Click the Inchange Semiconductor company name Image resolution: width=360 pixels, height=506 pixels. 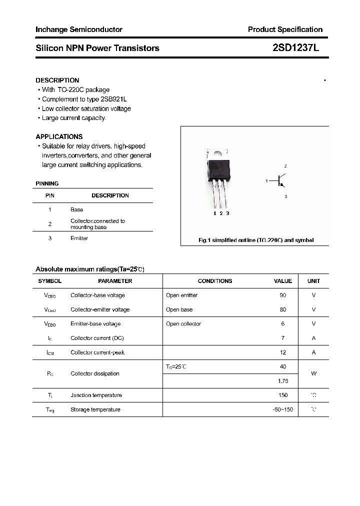coord(78,29)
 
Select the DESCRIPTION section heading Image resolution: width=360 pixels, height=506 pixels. coord(57,80)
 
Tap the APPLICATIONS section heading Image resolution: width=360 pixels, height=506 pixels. coord(59,136)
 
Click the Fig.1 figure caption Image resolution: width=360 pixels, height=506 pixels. coord(256,240)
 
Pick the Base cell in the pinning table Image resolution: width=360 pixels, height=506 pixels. coord(76,209)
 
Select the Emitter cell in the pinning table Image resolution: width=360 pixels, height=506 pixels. coord(79,238)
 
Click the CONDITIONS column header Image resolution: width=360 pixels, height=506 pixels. coord(215,281)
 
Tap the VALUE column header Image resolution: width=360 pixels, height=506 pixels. coord(283,281)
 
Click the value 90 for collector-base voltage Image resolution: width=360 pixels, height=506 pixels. coord(283,295)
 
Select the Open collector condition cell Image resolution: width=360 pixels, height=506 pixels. coord(183,323)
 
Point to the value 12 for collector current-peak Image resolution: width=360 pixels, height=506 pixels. coord(283,352)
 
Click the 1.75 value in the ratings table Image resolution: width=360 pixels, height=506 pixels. coord(283,380)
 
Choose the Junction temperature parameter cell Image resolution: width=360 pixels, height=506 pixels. coord(96,395)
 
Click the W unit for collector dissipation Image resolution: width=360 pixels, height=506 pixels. coord(313,373)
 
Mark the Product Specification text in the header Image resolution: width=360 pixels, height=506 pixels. coord(285,29)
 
